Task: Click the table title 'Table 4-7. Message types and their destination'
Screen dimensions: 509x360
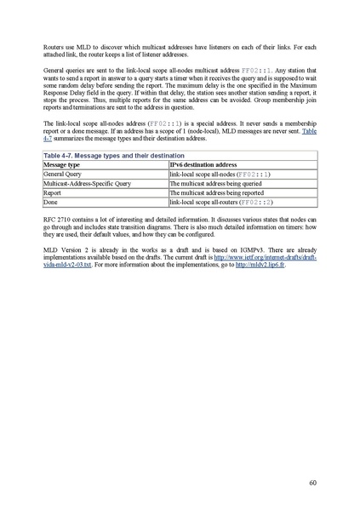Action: coord(100,156)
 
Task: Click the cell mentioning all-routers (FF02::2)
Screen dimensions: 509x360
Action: coord(220,203)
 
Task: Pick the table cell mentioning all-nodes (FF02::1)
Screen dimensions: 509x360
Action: coord(219,174)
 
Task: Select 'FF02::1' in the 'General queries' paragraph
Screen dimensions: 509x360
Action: coord(255,69)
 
